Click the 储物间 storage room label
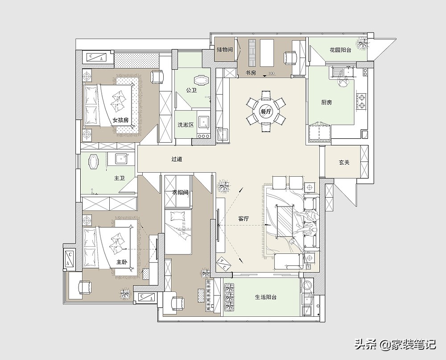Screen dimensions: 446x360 click(224, 50)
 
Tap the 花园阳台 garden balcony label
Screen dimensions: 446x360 click(340, 50)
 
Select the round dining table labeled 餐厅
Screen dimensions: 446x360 click(266, 112)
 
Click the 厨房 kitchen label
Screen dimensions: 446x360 click(326, 102)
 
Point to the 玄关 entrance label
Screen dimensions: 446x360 click(344, 162)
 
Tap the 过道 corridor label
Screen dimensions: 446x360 click(177, 159)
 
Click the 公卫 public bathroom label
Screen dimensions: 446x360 click(191, 91)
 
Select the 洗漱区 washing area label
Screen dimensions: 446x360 click(186, 124)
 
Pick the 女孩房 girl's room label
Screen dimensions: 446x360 click(120, 120)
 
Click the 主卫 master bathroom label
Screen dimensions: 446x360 click(120, 178)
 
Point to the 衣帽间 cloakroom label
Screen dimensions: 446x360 click(180, 193)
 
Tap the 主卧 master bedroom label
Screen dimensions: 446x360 click(121, 262)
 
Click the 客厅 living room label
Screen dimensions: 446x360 click(244, 219)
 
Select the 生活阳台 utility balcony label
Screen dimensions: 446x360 click(266, 297)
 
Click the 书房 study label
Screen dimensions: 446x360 click(251, 73)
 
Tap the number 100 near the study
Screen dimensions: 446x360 click(271, 74)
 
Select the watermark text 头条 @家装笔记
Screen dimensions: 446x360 click(395, 345)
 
